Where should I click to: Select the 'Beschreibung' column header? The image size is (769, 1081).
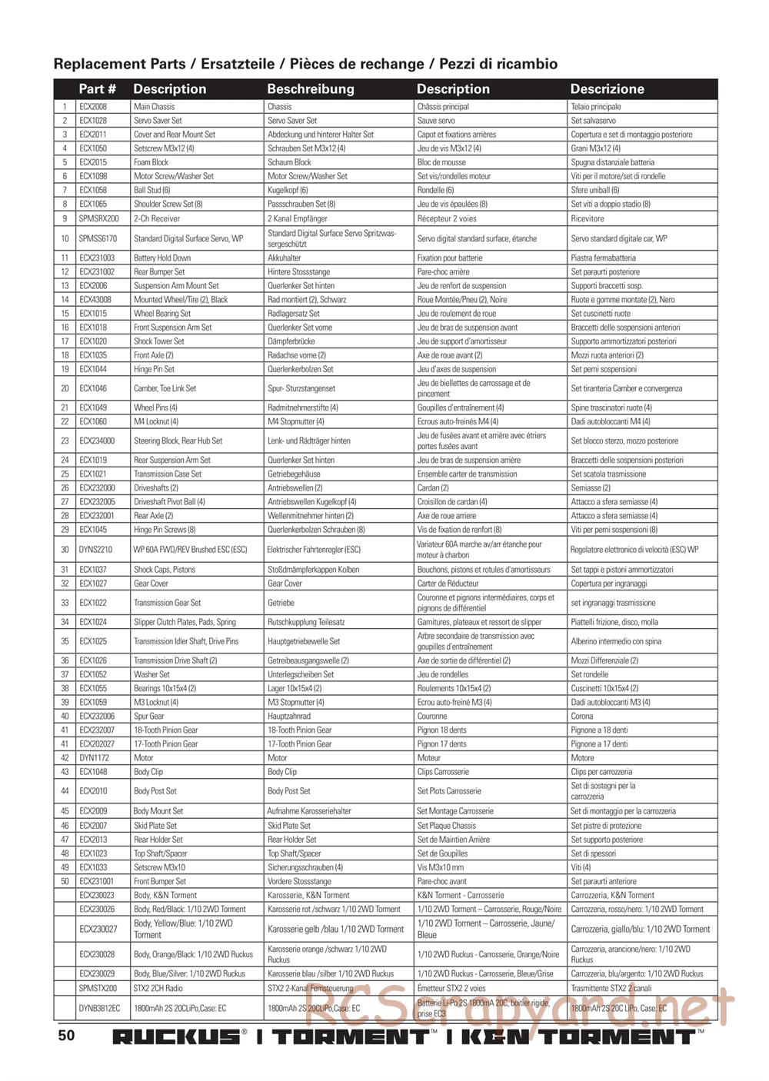(311, 89)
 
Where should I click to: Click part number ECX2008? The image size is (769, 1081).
(93, 107)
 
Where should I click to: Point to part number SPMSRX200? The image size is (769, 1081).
(98, 218)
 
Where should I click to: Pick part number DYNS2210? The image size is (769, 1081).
(95, 550)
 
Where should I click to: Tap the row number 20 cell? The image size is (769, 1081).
(65, 388)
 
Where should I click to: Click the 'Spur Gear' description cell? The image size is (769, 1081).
(148, 716)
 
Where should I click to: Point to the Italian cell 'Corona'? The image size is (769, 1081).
(581, 716)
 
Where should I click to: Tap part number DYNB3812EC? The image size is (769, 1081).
(99, 1008)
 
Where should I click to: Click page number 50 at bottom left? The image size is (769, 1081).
(66, 1035)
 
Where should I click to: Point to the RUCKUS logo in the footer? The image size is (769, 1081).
(176, 1036)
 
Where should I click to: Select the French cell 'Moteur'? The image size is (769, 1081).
(430, 758)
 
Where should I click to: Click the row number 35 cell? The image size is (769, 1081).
(65, 641)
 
